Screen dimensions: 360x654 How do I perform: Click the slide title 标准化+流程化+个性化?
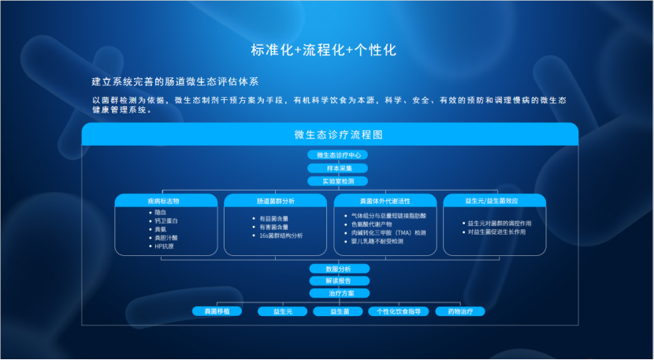click(x=323, y=50)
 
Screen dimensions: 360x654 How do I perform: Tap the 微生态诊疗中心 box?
click(x=337, y=155)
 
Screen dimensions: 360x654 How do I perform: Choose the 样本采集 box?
click(x=337, y=168)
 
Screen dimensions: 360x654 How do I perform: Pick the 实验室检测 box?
click(x=337, y=180)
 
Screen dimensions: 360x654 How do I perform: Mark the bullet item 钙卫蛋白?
click(x=166, y=221)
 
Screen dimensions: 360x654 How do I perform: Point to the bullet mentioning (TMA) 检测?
click(x=391, y=233)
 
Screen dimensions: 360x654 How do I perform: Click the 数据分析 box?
click(x=337, y=269)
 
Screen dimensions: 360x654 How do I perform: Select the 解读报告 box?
click(x=337, y=280)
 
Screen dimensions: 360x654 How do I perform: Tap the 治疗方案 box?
click(x=337, y=293)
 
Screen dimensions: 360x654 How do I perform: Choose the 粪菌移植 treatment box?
click(x=216, y=312)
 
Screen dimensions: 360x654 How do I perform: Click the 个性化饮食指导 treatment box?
click(x=399, y=312)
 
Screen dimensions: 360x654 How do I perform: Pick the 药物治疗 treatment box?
click(x=459, y=312)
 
